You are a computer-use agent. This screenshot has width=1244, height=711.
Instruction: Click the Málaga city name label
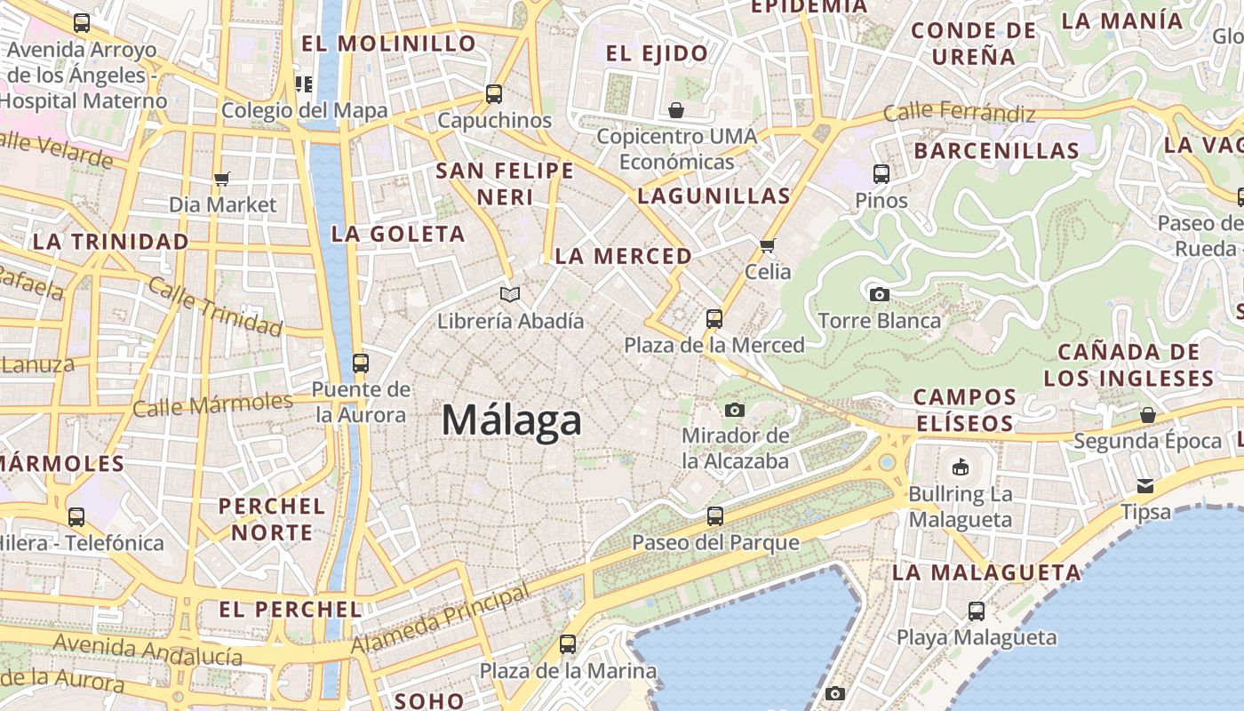click(x=512, y=420)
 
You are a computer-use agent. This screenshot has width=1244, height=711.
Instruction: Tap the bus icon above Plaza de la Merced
click(x=714, y=319)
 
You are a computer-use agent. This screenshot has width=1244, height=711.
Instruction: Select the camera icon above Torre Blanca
click(x=879, y=294)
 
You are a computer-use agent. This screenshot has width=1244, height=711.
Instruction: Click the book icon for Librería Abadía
click(x=510, y=294)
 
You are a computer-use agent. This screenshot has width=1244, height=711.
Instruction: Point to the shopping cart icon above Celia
click(x=768, y=245)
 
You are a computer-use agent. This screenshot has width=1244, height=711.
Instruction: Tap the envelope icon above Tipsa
click(x=1145, y=486)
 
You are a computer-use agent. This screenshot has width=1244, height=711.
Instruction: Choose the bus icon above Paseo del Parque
click(x=714, y=515)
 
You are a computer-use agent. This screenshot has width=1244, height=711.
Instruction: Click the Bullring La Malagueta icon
click(x=960, y=467)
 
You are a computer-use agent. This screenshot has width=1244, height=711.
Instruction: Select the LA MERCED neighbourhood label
click(x=623, y=256)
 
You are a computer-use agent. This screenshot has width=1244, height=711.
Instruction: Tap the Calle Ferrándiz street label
click(x=960, y=113)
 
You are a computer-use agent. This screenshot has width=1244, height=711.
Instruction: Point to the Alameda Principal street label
click(x=441, y=619)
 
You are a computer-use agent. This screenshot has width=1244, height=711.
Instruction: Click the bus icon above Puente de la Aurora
click(x=360, y=363)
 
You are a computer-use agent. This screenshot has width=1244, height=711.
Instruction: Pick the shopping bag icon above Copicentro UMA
click(x=676, y=110)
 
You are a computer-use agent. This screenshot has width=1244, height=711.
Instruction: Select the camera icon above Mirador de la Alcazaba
click(x=734, y=410)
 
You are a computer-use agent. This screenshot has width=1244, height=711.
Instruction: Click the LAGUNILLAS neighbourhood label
click(x=714, y=196)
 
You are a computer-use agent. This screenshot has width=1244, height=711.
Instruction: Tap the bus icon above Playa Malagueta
click(x=976, y=611)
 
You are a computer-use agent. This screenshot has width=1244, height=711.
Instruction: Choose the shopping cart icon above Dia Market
click(x=222, y=179)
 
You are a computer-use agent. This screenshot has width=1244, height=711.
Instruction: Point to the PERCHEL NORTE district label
click(x=272, y=519)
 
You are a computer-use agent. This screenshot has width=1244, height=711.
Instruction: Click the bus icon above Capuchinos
click(x=494, y=93)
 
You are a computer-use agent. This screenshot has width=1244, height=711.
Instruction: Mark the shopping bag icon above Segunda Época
click(x=1147, y=415)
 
